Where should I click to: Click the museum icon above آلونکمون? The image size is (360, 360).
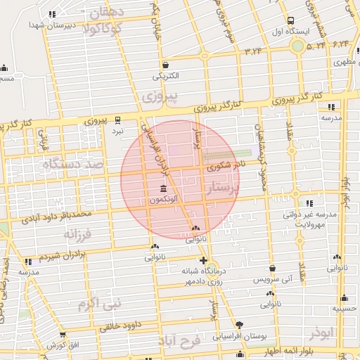[x=164, y=189]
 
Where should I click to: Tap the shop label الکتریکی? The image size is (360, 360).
[x=166, y=75]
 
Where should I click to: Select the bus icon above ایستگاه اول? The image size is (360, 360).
[x=291, y=20]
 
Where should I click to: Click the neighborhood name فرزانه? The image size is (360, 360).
[x=78, y=232]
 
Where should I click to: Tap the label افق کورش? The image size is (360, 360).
[x=63, y=345]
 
